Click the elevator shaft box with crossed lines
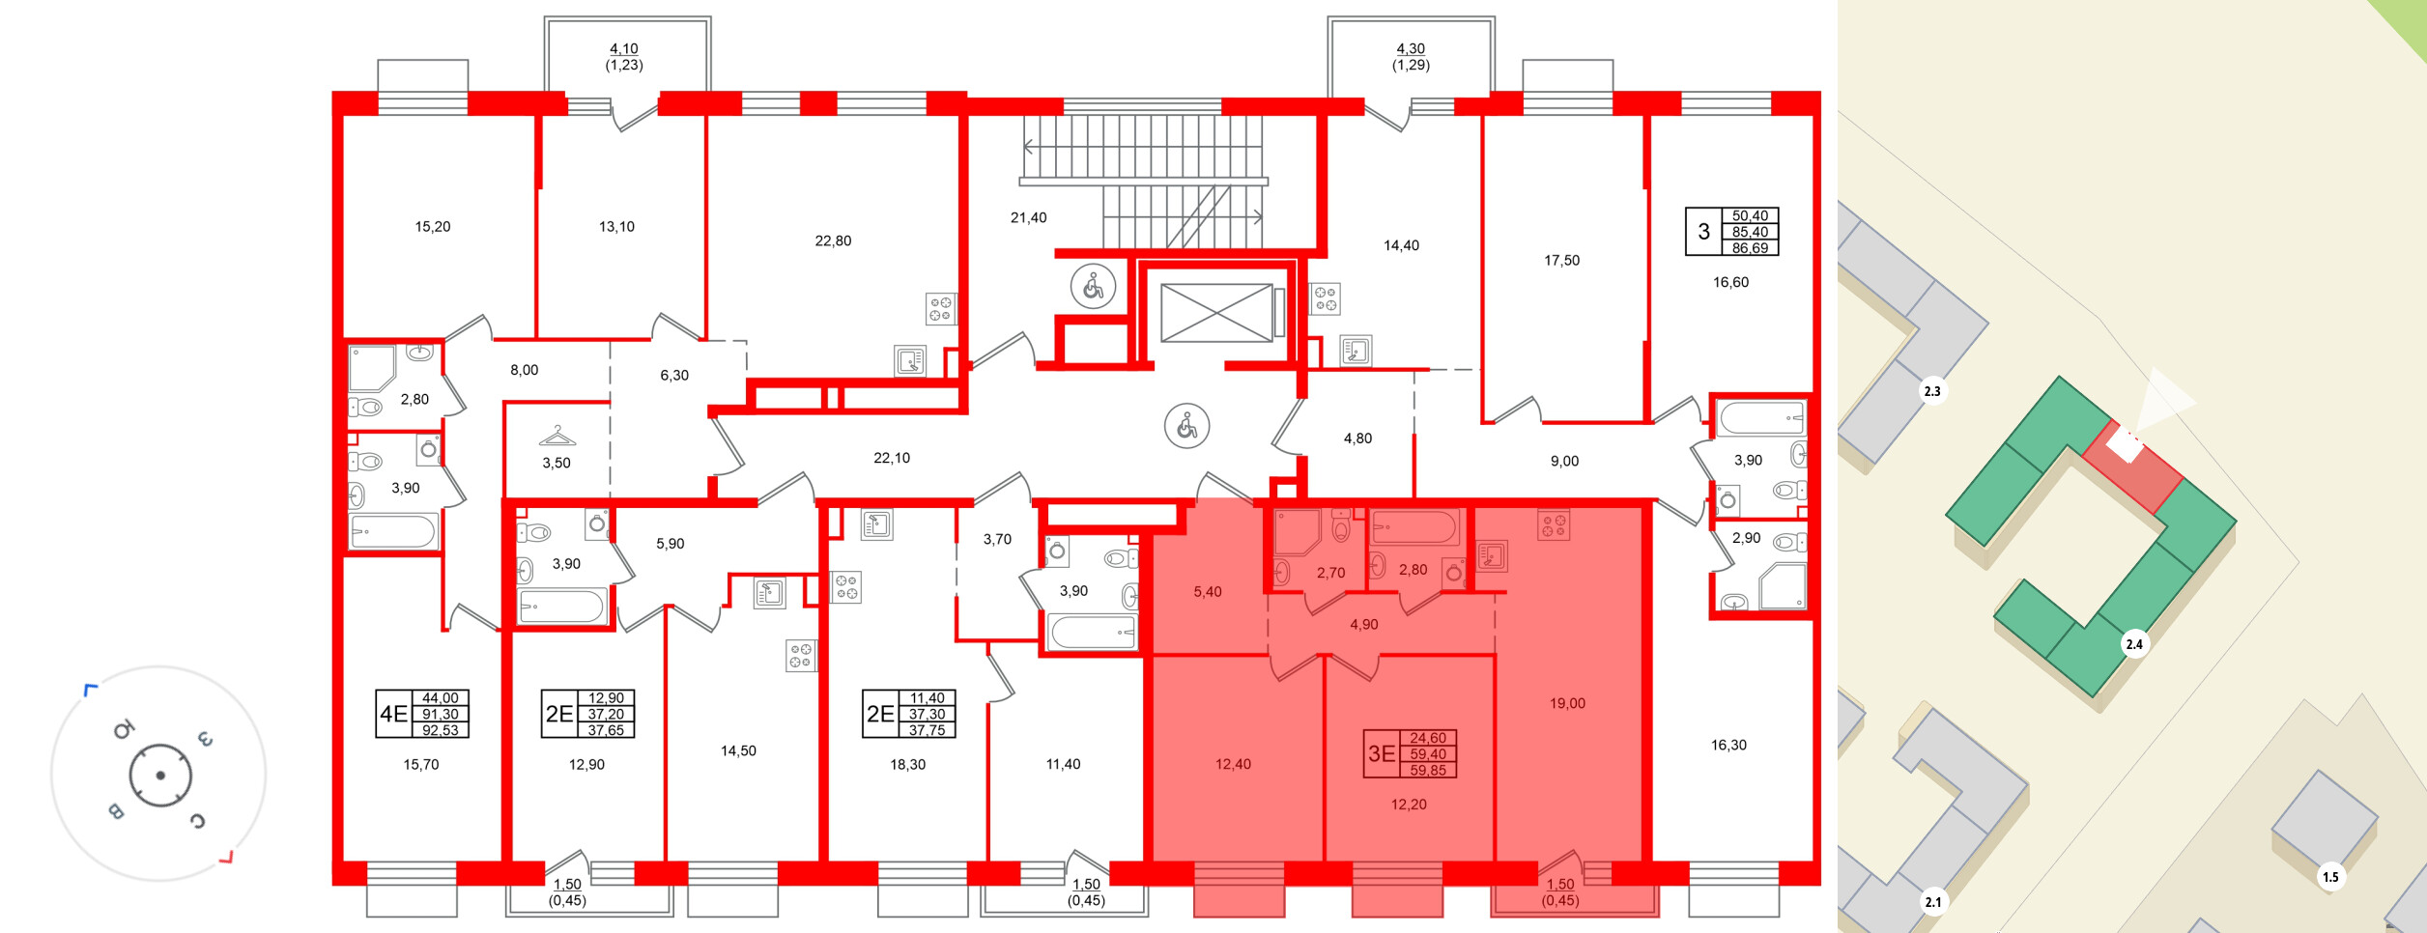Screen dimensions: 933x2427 [x=1216, y=312]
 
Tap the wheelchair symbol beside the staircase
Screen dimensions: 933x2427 [x=1093, y=287]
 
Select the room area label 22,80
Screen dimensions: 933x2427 [x=833, y=240]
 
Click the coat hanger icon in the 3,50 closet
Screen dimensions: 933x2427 [x=557, y=436]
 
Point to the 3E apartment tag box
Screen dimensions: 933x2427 [x=1411, y=754]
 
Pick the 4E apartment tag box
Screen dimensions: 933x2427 [x=422, y=714]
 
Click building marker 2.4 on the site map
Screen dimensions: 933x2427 [x=2134, y=644]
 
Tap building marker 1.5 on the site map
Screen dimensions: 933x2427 [x=2330, y=877]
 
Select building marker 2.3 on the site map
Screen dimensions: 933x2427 [x=1931, y=391]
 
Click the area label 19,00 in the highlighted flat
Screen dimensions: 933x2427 [x=1567, y=703]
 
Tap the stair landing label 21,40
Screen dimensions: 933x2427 [x=1028, y=218]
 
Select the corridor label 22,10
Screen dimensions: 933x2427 [x=891, y=458]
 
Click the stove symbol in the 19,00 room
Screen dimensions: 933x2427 [x=1554, y=525]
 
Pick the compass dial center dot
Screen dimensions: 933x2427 [x=160, y=776]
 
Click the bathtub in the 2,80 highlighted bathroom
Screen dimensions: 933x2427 [x=1413, y=528]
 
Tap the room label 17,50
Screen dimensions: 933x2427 [x=1561, y=260]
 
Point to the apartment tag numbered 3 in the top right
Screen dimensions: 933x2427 [x=1731, y=232]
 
